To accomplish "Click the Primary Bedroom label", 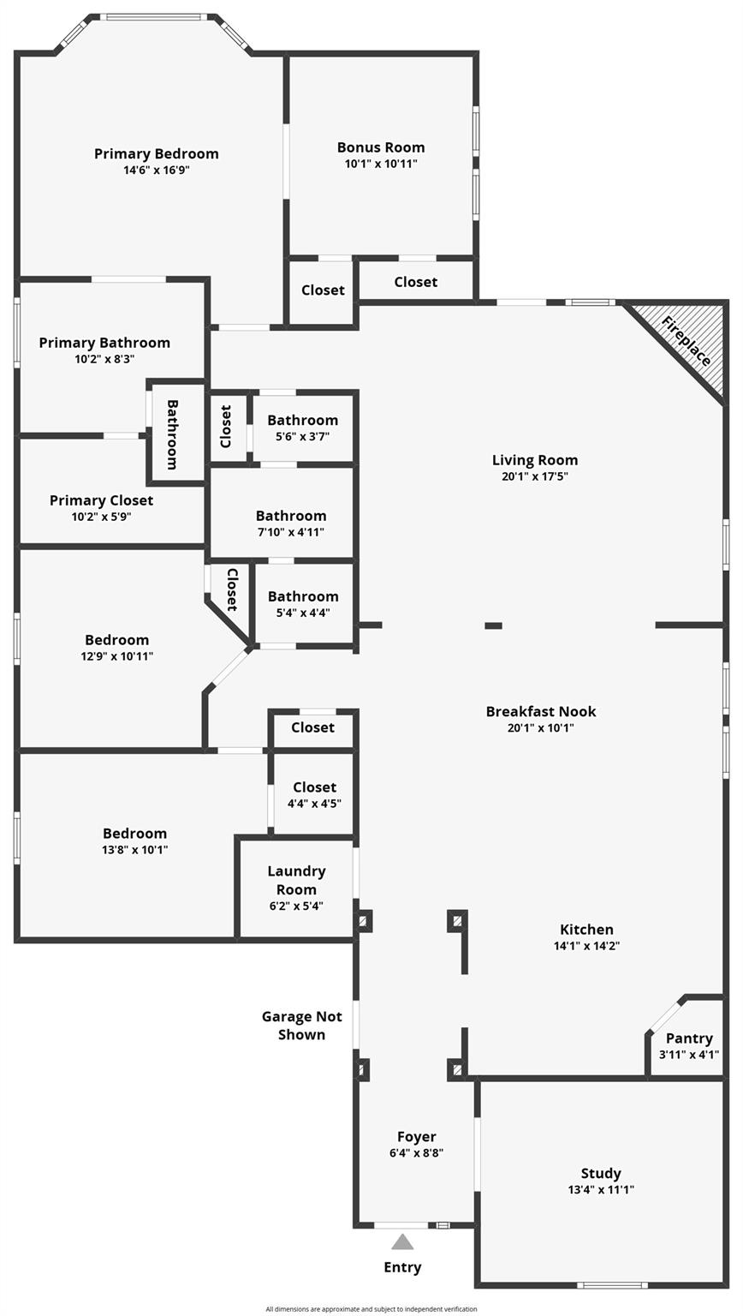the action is click(156, 154).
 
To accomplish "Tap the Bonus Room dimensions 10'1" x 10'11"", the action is click(381, 164).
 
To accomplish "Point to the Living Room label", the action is click(535, 460).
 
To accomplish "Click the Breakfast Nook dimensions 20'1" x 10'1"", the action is click(540, 728).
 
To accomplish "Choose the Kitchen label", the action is click(586, 930).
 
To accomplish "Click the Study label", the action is click(601, 1173).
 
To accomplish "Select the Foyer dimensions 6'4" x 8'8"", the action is click(416, 1152).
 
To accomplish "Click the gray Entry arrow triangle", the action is click(402, 1242).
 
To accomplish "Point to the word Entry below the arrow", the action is click(402, 1267).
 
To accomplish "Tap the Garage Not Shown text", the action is click(301, 1026).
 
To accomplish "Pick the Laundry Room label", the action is click(296, 880).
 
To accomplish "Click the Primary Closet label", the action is click(101, 500).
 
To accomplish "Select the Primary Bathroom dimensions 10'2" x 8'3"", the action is click(104, 359).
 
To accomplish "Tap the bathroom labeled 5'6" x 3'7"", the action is click(302, 428).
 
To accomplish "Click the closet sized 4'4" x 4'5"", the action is click(313, 793).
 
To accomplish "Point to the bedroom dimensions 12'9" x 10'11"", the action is click(116, 656).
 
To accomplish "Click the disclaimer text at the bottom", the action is click(371, 1309).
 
